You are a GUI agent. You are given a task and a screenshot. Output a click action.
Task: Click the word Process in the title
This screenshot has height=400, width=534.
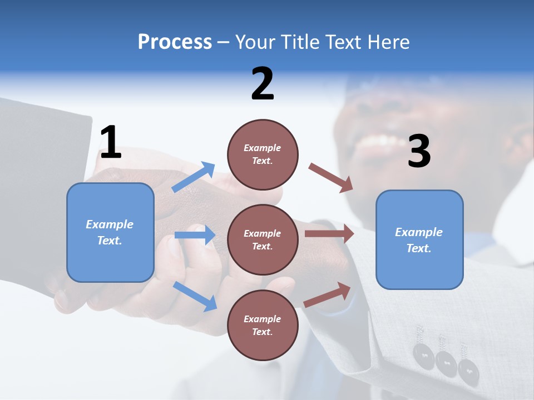[x=175, y=42]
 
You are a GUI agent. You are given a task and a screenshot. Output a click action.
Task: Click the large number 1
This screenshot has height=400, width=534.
[x=111, y=142]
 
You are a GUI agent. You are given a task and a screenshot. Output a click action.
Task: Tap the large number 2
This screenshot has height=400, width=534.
[x=263, y=84]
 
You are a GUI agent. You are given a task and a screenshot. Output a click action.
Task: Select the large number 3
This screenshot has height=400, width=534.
[x=419, y=152]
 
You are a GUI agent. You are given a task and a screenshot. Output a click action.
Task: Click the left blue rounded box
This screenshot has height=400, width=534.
[x=110, y=232]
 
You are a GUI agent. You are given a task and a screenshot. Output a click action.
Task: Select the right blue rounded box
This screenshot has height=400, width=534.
[x=419, y=239]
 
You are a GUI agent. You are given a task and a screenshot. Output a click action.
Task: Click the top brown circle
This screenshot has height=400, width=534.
[x=263, y=154]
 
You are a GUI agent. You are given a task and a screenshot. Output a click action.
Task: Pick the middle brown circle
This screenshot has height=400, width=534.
[x=263, y=239]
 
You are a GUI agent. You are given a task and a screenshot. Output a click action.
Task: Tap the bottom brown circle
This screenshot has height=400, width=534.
[x=263, y=325]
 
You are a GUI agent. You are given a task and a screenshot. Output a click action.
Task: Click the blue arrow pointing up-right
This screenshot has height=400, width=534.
[x=194, y=177]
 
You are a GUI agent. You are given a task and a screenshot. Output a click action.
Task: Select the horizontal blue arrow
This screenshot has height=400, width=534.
[x=195, y=235]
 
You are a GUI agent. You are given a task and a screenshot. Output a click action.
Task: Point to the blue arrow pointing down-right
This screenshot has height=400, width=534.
[x=195, y=296]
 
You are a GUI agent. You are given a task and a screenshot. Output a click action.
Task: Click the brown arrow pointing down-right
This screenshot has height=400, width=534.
[x=331, y=178]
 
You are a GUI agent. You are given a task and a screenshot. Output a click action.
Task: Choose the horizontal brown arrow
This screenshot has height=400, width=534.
[x=329, y=234]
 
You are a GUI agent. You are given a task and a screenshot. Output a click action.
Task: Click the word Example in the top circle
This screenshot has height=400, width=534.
[x=263, y=148]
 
